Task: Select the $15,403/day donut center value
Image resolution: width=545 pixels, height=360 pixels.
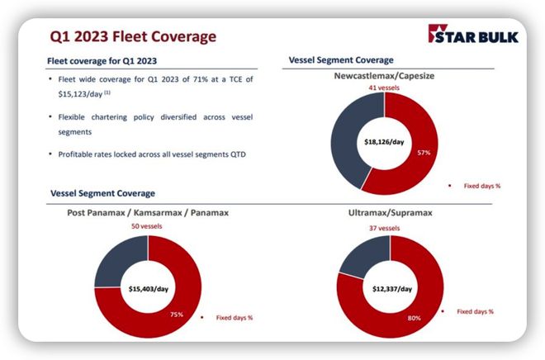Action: [149, 289]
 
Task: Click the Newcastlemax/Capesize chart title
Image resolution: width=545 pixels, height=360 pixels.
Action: [384, 76]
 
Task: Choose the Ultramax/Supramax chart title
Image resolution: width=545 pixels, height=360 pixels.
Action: [391, 212]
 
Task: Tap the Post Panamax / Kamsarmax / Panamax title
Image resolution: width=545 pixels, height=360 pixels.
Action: [148, 212]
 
